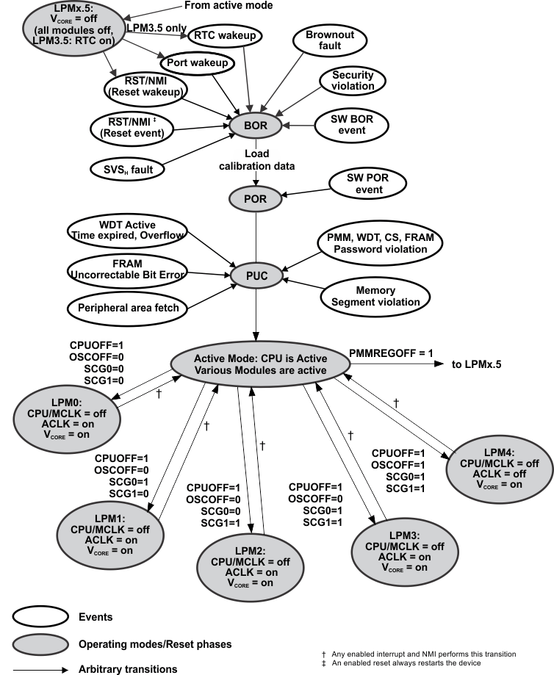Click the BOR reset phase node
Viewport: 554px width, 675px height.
[x=256, y=126]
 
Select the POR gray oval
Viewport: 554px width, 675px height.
[x=256, y=198]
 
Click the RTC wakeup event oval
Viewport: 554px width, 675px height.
[x=218, y=35]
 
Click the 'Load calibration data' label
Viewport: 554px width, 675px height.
[x=256, y=161]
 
